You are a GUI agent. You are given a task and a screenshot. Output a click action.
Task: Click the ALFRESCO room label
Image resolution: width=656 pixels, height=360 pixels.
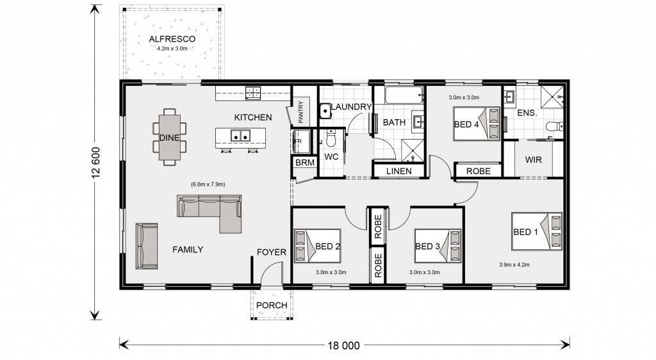[172, 39]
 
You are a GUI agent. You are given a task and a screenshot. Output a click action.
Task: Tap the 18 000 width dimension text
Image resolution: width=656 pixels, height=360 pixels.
[343, 345]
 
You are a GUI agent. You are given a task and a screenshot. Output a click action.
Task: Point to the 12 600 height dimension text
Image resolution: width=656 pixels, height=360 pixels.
[96, 162]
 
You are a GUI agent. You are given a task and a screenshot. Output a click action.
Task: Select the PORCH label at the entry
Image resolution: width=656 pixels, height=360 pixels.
[272, 305]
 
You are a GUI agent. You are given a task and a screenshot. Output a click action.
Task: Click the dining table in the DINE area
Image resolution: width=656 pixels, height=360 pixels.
[169, 137]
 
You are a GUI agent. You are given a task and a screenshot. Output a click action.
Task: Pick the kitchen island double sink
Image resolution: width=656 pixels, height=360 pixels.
[241, 135]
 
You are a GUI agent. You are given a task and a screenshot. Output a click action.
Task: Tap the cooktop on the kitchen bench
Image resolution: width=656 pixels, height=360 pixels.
[252, 93]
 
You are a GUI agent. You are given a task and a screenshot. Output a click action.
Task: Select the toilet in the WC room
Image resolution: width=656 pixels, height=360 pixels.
[331, 138]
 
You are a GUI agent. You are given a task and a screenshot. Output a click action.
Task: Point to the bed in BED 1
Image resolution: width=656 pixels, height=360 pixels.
[537, 232]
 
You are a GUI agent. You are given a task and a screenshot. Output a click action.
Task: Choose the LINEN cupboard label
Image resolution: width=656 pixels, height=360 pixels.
[398, 171]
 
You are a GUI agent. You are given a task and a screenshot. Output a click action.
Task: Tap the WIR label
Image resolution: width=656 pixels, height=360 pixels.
[534, 160]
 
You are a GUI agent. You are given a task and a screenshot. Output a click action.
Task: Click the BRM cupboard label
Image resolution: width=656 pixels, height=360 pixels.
[304, 163]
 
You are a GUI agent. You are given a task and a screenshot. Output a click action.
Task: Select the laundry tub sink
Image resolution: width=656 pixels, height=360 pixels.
[325, 111]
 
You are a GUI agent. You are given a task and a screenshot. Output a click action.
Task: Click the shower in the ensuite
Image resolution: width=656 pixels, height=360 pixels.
[552, 97]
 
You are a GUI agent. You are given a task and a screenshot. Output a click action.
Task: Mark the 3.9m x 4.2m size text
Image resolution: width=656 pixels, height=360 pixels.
[514, 265]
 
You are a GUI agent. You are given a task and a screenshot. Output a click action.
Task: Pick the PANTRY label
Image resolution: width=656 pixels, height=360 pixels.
[300, 111]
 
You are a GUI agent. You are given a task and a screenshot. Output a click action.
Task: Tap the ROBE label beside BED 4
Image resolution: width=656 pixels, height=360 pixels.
[478, 171]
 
